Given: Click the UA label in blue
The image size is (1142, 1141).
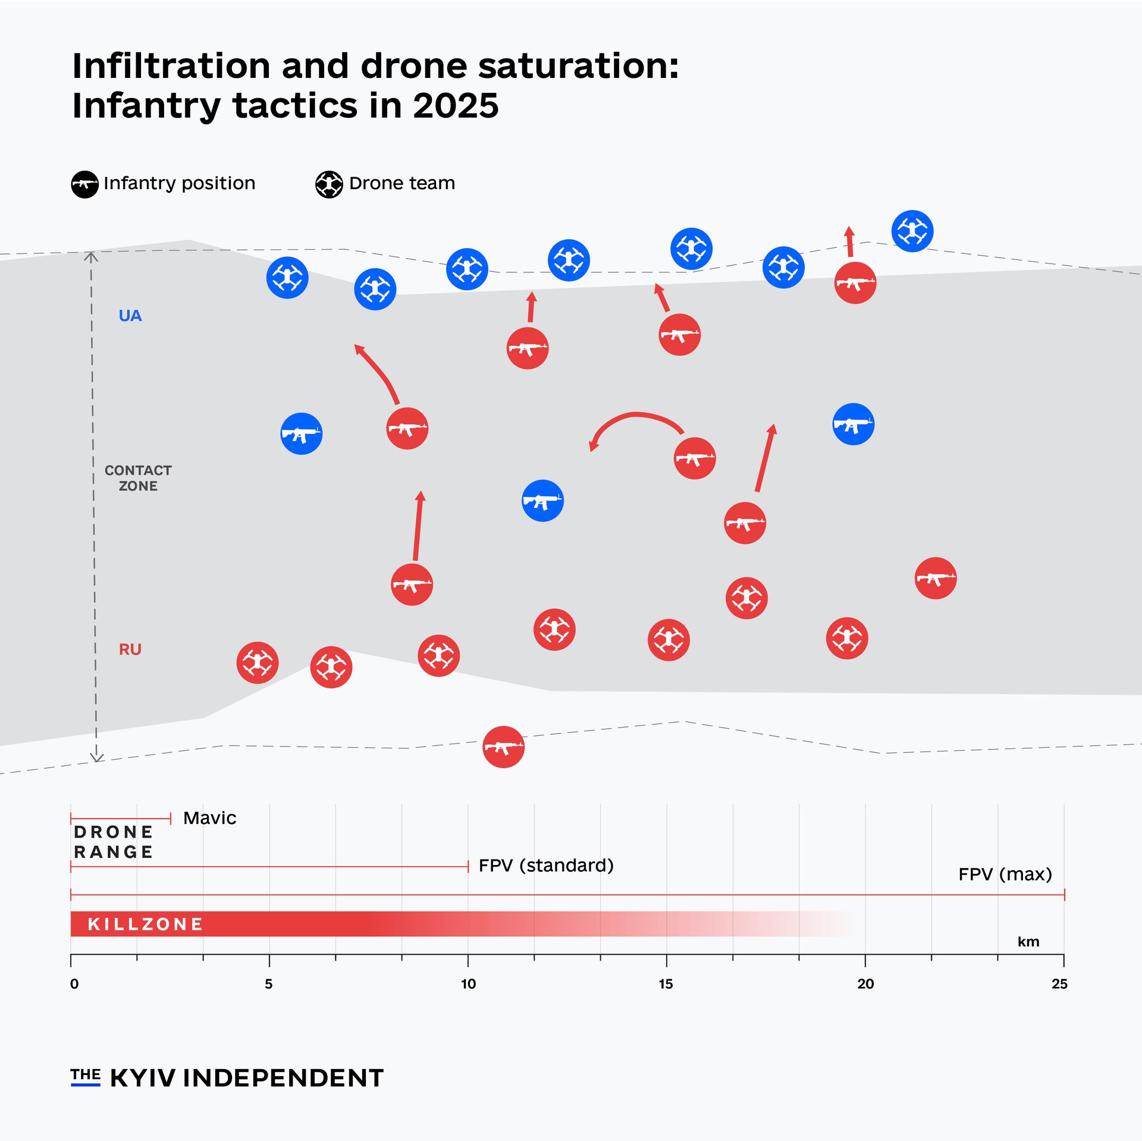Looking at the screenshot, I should [x=130, y=316].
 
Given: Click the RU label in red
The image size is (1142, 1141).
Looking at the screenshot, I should [x=130, y=649].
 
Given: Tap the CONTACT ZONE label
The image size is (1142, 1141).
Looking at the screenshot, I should [x=138, y=478].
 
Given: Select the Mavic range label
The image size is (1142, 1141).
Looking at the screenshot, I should [x=209, y=818].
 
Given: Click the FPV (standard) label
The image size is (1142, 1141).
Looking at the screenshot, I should [x=545, y=865].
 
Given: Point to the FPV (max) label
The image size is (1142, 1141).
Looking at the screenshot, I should [x=1005, y=874].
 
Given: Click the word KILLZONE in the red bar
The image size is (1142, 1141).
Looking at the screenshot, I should [x=145, y=924].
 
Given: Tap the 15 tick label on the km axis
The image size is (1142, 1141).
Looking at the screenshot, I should [x=666, y=984].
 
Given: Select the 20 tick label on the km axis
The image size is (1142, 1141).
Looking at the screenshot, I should [x=865, y=984].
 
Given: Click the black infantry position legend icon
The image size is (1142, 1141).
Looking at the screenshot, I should [x=85, y=184].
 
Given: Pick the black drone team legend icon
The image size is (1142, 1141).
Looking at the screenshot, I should [x=329, y=184].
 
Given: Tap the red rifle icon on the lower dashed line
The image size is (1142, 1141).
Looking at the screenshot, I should [x=503, y=747].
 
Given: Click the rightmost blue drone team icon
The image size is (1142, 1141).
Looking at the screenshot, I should [x=912, y=231].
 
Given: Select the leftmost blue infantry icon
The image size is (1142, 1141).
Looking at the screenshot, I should [x=302, y=434].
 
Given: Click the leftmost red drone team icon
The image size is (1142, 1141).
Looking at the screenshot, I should [x=258, y=662].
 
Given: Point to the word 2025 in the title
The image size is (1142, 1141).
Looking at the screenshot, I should [x=456, y=106].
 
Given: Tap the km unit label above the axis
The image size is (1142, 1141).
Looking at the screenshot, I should [x=1028, y=942].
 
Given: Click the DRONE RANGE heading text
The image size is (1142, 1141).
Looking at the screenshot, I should [x=113, y=842].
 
